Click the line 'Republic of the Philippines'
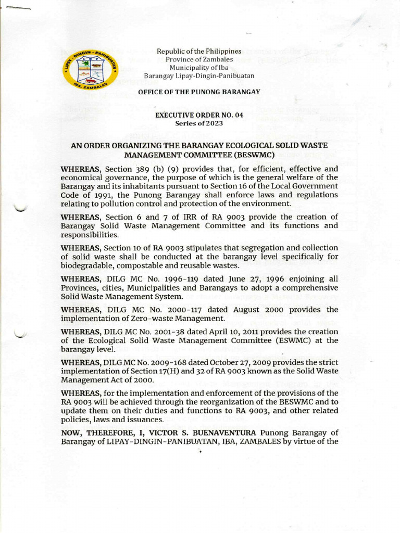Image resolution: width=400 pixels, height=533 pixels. (200, 52)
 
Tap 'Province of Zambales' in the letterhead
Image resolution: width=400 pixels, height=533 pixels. (200, 59)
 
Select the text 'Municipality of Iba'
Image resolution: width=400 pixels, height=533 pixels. (200, 68)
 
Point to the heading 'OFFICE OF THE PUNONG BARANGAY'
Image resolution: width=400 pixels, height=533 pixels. (199, 92)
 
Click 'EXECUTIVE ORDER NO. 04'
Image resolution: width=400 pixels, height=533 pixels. (199, 116)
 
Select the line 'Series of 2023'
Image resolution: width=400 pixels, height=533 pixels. (199, 123)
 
